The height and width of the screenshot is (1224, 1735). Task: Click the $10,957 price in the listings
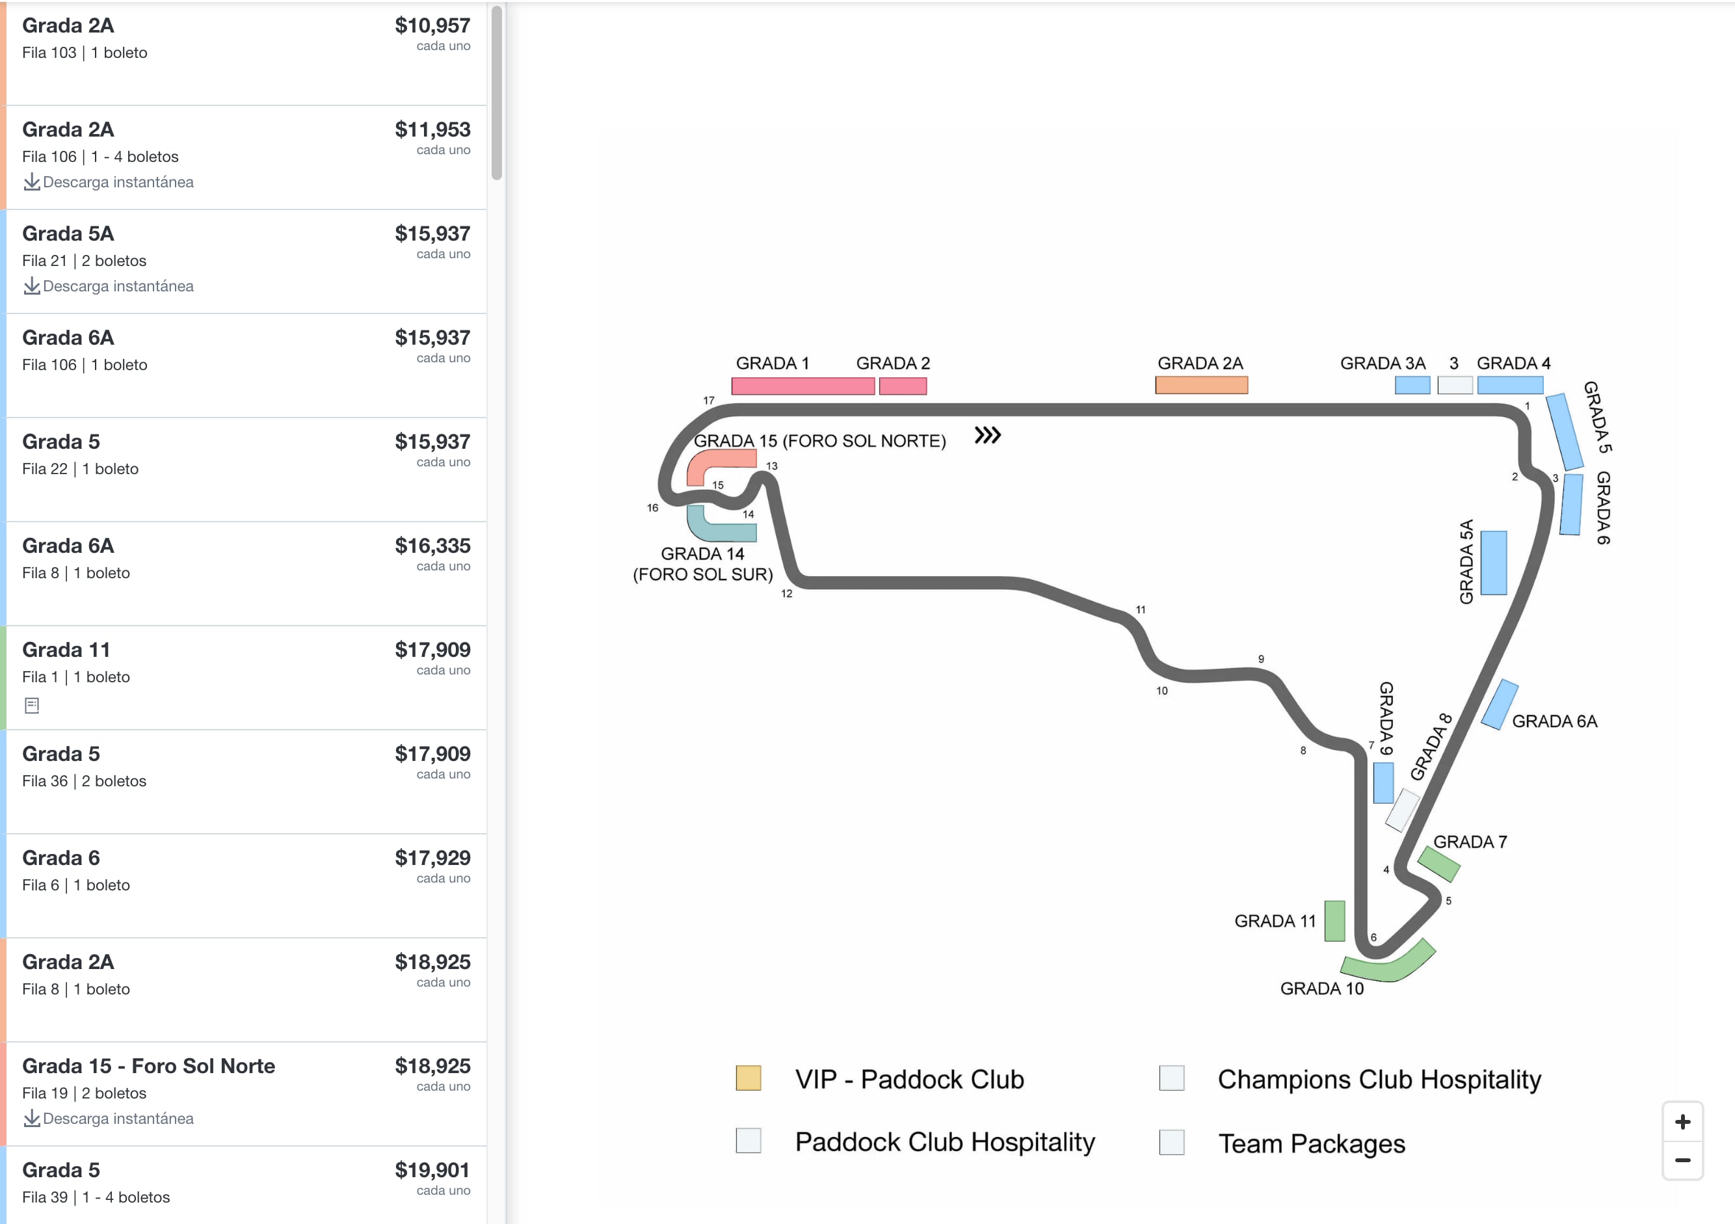tap(432, 25)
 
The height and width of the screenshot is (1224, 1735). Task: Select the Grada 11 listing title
tap(66, 650)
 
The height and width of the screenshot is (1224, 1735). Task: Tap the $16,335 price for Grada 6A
tap(432, 546)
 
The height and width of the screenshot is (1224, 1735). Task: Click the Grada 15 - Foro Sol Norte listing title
tap(149, 1065)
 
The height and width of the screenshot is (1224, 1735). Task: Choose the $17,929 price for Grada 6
tap(432, 858)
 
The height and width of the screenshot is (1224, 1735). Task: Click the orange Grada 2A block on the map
tap(1200, 385)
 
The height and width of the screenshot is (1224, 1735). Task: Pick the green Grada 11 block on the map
tap(1334, 920)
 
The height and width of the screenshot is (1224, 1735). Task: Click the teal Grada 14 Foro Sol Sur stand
tap(718, 529)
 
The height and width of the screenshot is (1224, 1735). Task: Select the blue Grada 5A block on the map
tap(1493, 562)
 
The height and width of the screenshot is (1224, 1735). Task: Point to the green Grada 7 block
tap(1438, 864)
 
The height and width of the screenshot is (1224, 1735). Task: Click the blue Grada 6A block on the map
tap(1499, 704)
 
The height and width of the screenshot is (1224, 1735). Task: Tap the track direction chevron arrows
tap(987, 435)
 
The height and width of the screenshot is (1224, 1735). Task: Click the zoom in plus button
tap(1682, 1122)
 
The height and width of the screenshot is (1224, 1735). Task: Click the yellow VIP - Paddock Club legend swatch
tap(748, 1078)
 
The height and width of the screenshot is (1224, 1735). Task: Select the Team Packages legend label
tap(1311, 1143)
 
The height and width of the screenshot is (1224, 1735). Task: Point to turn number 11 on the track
tap(1140, 610)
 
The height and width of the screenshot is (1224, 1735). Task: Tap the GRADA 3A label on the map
tap(1382, 364)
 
